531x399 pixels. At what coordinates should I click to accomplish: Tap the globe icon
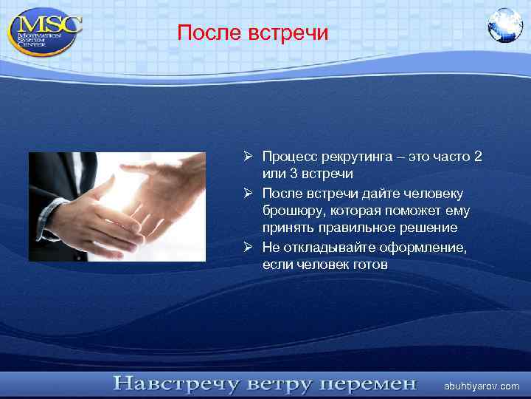[504, 25]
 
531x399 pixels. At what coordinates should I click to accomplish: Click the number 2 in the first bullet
[479, 157]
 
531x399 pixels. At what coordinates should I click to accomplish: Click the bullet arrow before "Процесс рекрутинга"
[251, 157]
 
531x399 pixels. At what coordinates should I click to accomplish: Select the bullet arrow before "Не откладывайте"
[251, 247]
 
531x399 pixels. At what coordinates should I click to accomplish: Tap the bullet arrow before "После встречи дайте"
[251, 194]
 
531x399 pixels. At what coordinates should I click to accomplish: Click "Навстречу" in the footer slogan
[175, 383]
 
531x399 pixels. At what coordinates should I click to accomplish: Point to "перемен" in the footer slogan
[370, 383]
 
